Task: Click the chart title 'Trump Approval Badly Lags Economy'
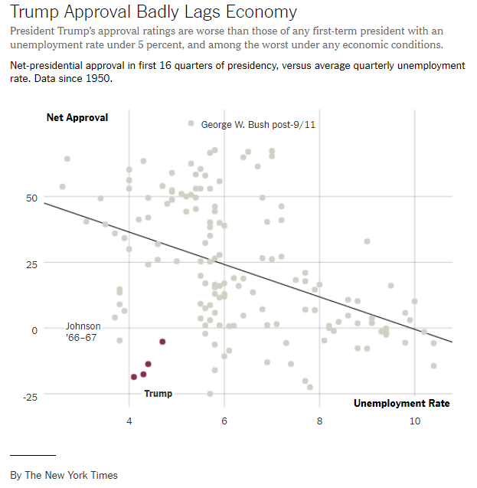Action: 153,13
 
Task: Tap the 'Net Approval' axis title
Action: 77,118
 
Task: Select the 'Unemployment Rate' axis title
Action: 401,403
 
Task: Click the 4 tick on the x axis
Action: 129,421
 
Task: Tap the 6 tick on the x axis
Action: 224,421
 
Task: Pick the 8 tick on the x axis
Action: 319,421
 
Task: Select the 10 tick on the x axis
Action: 414,421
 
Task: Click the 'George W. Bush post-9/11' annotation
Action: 257,124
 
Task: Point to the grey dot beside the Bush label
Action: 191,123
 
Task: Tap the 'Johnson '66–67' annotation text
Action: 83,331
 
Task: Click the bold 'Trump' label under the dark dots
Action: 158,393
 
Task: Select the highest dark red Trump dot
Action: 162,341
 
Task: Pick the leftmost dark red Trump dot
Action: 134,377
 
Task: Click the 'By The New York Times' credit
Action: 64,475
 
